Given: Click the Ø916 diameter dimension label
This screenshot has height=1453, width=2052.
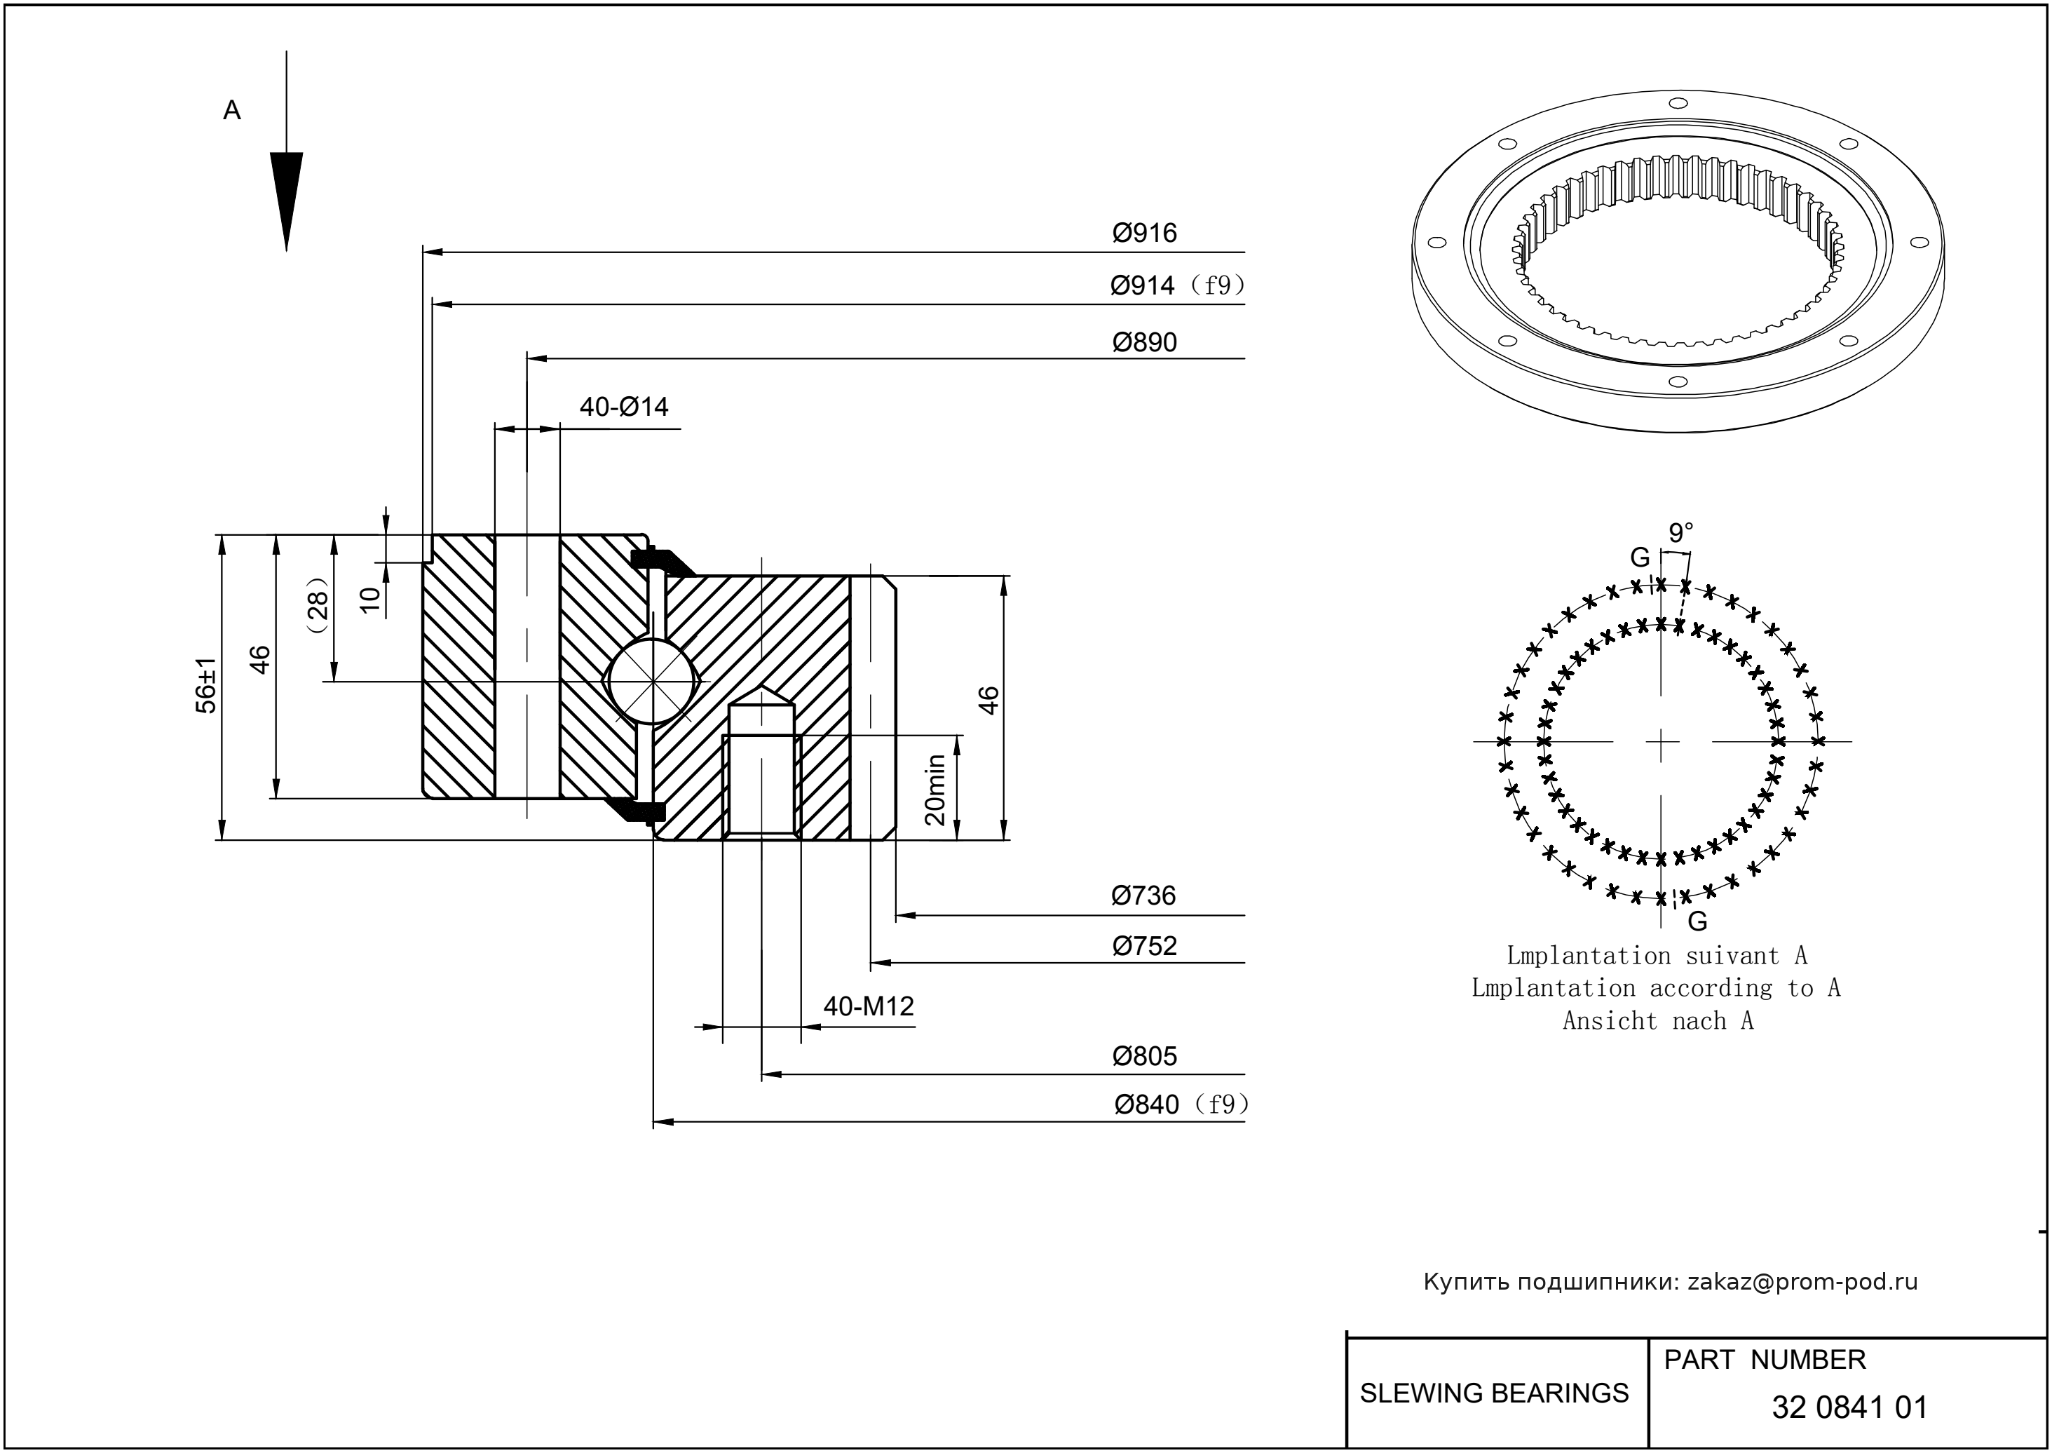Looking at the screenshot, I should pos(1144,234).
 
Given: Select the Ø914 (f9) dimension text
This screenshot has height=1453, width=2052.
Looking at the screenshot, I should pos(1176,286).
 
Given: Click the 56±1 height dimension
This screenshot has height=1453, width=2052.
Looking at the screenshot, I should pos(207,687).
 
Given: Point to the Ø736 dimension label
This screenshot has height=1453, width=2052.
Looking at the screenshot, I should pos(1143,896).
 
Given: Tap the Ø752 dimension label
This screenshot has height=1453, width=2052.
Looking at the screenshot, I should pos(1144,946).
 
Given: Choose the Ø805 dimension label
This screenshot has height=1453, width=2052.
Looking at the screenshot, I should pos(1144,1057).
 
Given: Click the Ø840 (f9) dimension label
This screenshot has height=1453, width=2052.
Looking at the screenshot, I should pos(1180,1106).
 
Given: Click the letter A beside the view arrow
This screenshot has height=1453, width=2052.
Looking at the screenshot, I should pos(231,111).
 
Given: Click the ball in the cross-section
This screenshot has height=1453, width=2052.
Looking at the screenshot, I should pos(652,681).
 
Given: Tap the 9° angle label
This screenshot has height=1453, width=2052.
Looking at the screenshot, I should pos(1680,533).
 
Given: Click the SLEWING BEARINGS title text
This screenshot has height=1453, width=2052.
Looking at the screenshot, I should pos(1494,1393).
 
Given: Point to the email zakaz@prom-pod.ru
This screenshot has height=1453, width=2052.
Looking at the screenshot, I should pos(1802,1282).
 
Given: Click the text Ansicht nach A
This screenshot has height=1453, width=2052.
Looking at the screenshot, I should pos(1657,1021).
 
